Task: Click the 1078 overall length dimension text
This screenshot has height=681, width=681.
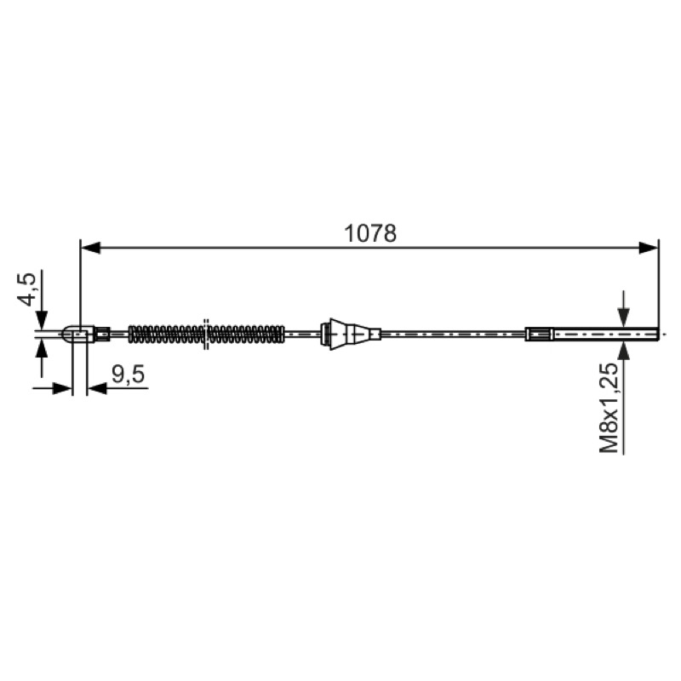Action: [370, 233]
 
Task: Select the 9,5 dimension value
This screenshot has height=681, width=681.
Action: [129, 375]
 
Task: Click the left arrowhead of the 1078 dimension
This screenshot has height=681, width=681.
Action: [90, 248]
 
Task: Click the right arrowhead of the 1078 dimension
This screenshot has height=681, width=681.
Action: [649, 248]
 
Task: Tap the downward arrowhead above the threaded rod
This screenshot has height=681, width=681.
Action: [624, 318]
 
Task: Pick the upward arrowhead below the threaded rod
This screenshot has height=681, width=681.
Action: [624, 351]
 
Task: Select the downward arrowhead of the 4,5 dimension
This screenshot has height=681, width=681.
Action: [42, 320]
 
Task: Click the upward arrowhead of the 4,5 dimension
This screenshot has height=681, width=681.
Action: [42, 348]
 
